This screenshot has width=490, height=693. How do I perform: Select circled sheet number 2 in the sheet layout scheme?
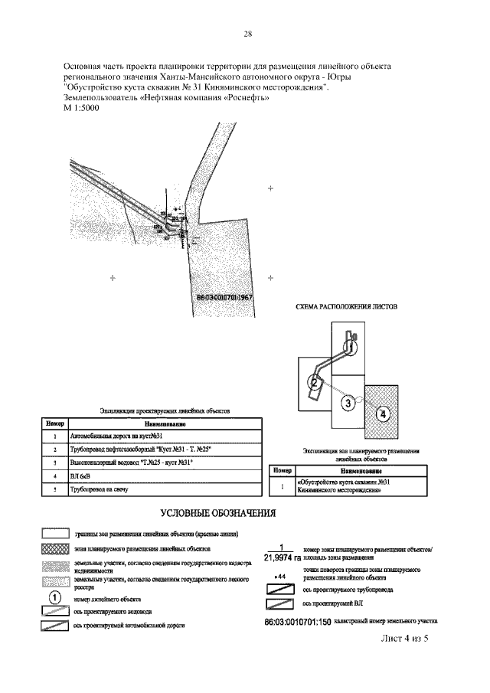coord(314,381)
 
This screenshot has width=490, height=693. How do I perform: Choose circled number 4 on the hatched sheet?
coord(384,414)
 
